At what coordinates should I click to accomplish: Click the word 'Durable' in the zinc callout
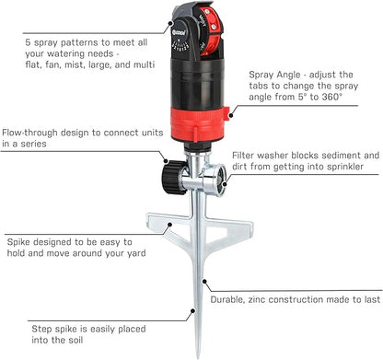click(x=233, y=299)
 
